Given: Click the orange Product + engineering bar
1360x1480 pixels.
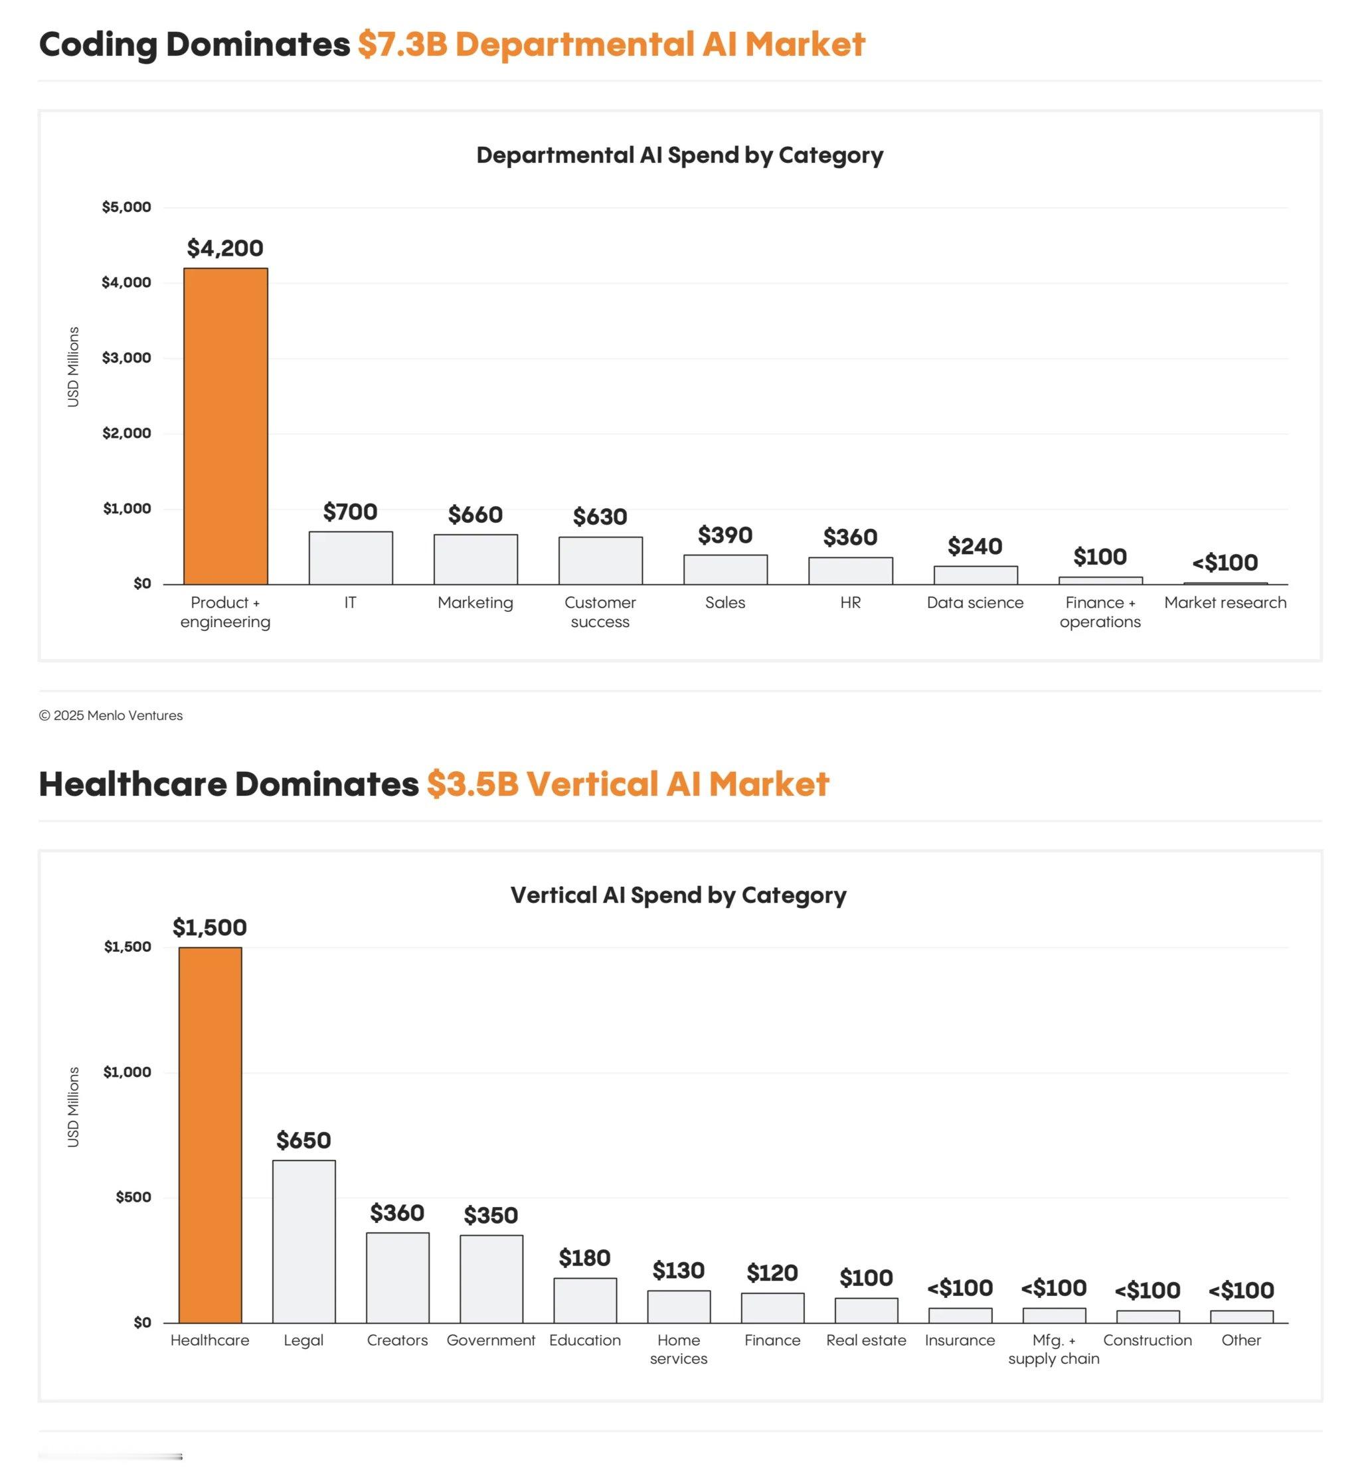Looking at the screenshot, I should click(x=225, y=426).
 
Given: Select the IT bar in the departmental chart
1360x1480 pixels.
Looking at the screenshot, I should click(x=351, y=558).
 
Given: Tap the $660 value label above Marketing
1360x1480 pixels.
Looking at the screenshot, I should click(x=475, y=515).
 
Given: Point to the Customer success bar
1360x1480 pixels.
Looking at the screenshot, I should click(x=600, y=561).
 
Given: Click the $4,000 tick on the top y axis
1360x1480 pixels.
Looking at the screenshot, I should click(x=127, y=283).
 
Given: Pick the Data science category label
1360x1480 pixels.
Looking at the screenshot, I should click(x=975, y=603).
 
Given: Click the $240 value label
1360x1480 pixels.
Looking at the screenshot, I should click(x=975, y=546).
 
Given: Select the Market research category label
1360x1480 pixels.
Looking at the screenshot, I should click(x=1225, y=603).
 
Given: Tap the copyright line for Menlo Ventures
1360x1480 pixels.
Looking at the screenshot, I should click(x=110, y=715).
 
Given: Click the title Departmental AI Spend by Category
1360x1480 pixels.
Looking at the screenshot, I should click(x=679, y=155).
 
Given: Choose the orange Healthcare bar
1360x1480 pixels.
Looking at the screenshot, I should click(x=210, y=1135).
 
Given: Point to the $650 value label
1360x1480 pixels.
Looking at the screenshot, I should click(x=304, y=1141).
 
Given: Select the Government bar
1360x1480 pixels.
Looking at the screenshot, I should click(x=491, y=1279).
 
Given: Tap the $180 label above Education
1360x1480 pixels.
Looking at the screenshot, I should click(x=585, y=1257).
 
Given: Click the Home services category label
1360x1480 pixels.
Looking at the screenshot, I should click(x=679, y=1350).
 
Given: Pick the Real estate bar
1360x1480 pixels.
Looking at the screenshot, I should click(x=866, y=1311).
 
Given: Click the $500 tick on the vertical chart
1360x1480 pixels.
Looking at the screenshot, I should click(x=133, y=1198).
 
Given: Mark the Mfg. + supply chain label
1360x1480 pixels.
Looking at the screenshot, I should click(x=1054, y=1350).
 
